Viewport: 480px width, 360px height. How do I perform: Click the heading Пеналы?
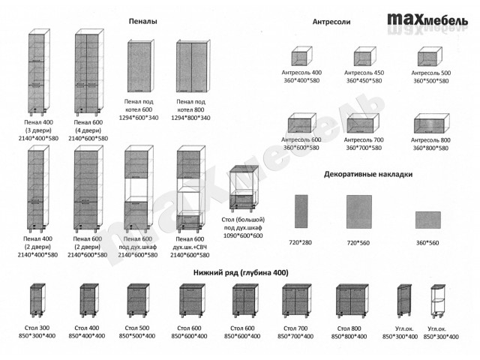(x=142, y=22)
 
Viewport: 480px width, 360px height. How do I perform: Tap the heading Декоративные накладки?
(x=368, y=174)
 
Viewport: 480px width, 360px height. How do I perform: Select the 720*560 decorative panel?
(x=359, y=214)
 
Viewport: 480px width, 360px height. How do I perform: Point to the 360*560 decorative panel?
(x=427, y=219)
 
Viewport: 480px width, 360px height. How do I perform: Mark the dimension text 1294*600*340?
(x=140, y=118)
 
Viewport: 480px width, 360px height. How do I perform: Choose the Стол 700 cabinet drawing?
(x=297, y=302)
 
